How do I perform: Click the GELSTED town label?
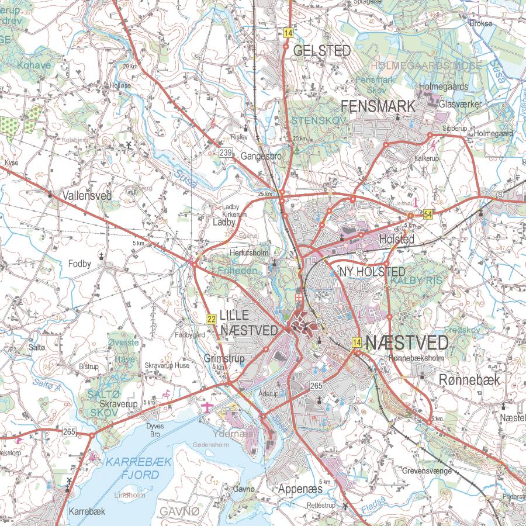(x=323, y=51)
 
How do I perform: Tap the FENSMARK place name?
(x=378, y=106)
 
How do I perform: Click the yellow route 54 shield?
(x=429, y=214)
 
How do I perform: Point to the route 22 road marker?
(x=211, y=319)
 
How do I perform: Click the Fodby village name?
(x=79, y=264)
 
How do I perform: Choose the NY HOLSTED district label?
(x=373, y=272)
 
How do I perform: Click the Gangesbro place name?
(x=261, y=157)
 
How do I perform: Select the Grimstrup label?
(x=224, y=358)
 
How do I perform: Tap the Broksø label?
(x=482, y=23)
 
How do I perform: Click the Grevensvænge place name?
(x=428, y=470)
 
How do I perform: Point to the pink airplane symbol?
(x=206, y=406)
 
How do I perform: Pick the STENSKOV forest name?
(x=319, y=120)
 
